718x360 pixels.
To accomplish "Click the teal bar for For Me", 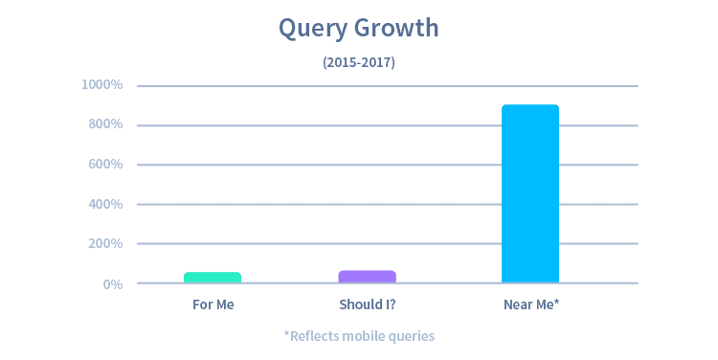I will (213, 278).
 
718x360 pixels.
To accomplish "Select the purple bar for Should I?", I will (368, 277).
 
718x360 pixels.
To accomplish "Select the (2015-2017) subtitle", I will (359, 62).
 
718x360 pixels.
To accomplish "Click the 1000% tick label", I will (102, 85).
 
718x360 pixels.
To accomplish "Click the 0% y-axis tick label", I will (113, 284).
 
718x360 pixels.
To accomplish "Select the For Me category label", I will (213, 305).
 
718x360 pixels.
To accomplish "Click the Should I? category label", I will (368, 305).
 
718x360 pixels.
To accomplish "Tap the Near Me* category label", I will (531, 305).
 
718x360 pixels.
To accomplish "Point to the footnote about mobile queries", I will (359, 336).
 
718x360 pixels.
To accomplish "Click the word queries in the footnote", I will (413, 337).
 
